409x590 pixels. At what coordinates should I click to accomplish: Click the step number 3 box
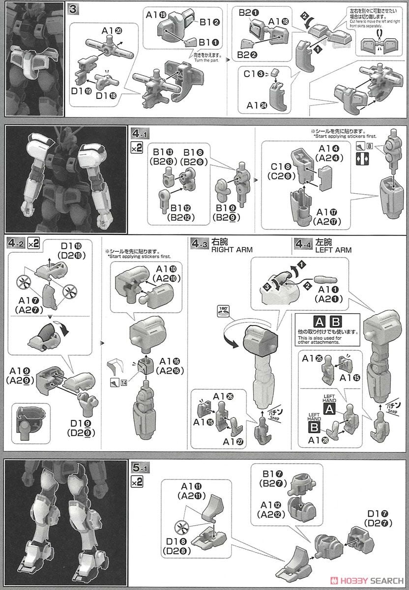(73, 9)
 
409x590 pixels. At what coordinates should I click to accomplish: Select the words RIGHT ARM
(232, 250)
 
